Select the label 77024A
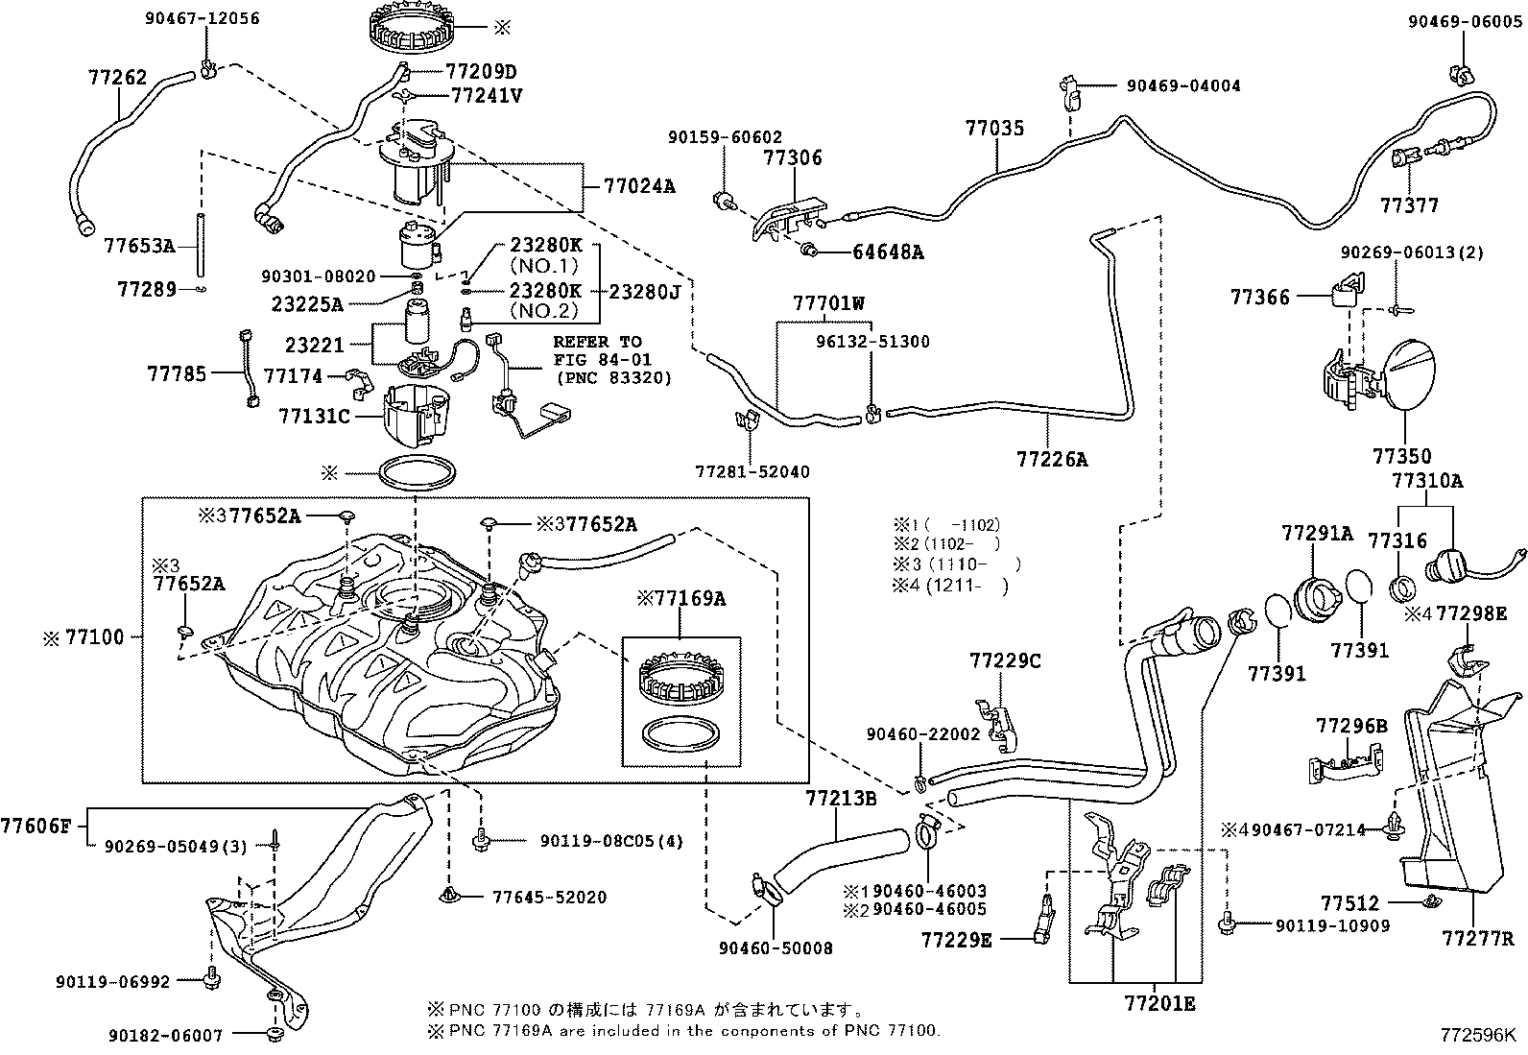(639, 186)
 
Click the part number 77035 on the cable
(994, 128)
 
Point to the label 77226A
(1052, 460)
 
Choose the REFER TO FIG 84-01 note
(610, 359)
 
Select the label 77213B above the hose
(841, 798)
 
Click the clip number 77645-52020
(549, 898)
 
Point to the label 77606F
(36, 825)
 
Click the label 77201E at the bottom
(1160, 1004)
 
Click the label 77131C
(315, 416)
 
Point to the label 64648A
(888, 252)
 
